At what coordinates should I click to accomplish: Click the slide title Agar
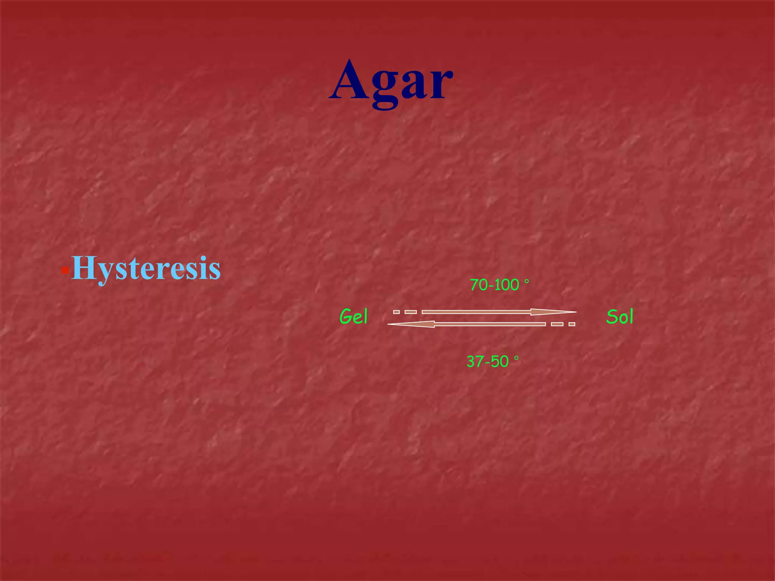pos(391,81)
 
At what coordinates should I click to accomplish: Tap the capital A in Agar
pos(350,80)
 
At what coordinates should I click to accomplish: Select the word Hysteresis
pos(146,268)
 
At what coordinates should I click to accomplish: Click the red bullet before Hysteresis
pos(65,270)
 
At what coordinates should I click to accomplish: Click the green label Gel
pos(353,317)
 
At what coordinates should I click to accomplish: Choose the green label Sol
pos(619,317)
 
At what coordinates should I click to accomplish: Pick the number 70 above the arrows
pos(478,285)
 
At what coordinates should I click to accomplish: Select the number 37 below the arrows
pos(475,362)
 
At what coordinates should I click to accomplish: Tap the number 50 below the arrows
pos(500,362)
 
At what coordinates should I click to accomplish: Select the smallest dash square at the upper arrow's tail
pos(396,312)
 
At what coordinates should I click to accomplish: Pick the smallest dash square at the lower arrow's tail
pos(572,324)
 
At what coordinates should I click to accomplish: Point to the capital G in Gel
pos(346,317)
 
